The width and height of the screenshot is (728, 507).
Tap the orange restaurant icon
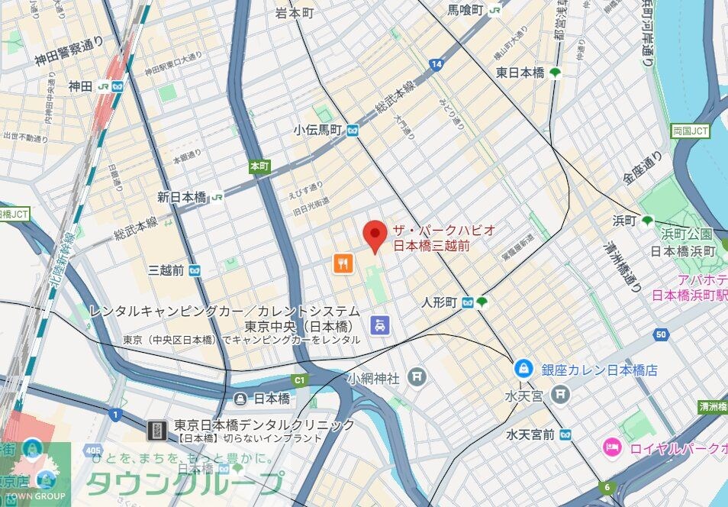pos(343,264)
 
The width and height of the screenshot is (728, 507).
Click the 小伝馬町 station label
pos(318,131)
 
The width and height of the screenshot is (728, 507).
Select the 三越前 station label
pos(166,270)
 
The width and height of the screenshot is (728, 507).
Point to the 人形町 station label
pos(440,303)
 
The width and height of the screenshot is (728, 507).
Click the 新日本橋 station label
pos(182,197)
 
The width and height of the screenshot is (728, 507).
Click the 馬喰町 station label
pos(465,10)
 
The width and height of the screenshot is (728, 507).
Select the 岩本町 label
pos(295,13)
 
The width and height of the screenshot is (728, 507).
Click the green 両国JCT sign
pos(690,131)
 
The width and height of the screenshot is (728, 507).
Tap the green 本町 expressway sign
pos(259,166)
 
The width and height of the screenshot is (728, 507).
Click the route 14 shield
pos(436,65)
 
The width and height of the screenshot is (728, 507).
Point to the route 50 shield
pos(661,334)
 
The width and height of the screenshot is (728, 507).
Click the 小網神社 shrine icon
pos(417,376)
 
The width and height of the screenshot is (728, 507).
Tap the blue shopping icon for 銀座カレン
pos(524,369)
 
